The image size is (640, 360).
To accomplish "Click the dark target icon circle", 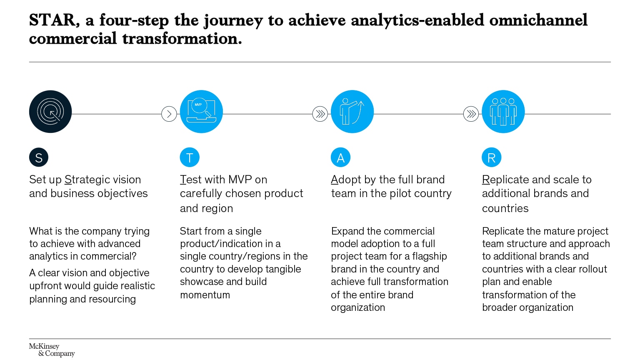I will click(50, 112).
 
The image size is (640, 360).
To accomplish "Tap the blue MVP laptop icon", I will click(201, 112).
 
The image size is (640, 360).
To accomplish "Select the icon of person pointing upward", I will click(352, 112).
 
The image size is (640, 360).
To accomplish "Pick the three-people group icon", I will click(503, 112).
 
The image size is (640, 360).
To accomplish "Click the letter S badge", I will click(39, 157).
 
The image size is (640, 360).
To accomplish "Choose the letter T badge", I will click(190, 157).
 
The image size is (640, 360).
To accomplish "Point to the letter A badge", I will click(340, 157).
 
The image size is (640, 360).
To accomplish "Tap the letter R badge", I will click(491, 157).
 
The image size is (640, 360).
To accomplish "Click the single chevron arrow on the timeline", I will click(169, 114).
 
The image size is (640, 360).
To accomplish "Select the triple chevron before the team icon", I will click(471, 114).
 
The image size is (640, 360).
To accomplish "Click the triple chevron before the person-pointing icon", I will click(320, 114).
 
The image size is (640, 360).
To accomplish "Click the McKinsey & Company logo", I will click(52, 350).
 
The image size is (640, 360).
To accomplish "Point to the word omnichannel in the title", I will click(538, 20).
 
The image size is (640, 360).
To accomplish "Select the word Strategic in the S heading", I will click(88, 180).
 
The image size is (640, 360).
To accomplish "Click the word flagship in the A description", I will click(429, 256).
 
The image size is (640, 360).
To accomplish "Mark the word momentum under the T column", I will click(205, 295).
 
